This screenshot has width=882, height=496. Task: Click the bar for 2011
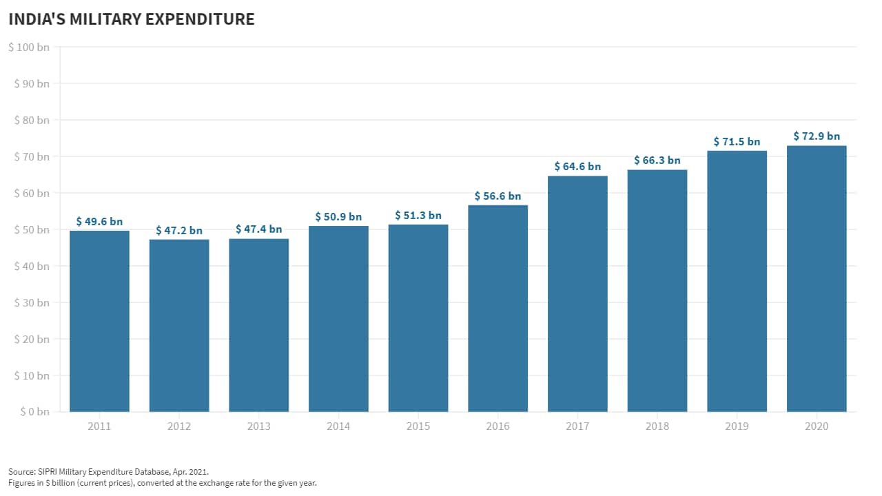tap(99, 321)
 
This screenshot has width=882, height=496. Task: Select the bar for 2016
tap(498, 309)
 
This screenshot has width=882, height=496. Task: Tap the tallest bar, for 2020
tap(817, 279)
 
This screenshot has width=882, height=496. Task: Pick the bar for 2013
tap(258, 325)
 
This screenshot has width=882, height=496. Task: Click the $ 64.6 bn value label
tap(577, 167)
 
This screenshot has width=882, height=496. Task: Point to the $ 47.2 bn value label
tap(179, 230)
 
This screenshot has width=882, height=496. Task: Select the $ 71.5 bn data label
tap(737, 142)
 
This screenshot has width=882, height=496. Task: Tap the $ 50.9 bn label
tap(338, 217)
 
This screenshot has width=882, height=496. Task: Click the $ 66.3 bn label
tap(657, 161)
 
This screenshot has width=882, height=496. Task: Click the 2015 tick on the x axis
tap(418, 426)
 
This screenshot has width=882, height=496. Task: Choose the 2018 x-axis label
tap(657, 426)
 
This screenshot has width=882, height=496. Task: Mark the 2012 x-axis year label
tap(179, 426)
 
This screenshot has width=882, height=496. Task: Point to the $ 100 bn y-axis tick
tap(29, 47)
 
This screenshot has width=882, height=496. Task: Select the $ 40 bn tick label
tap(31, 266)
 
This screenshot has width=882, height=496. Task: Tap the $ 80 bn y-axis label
tap(31, 120)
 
